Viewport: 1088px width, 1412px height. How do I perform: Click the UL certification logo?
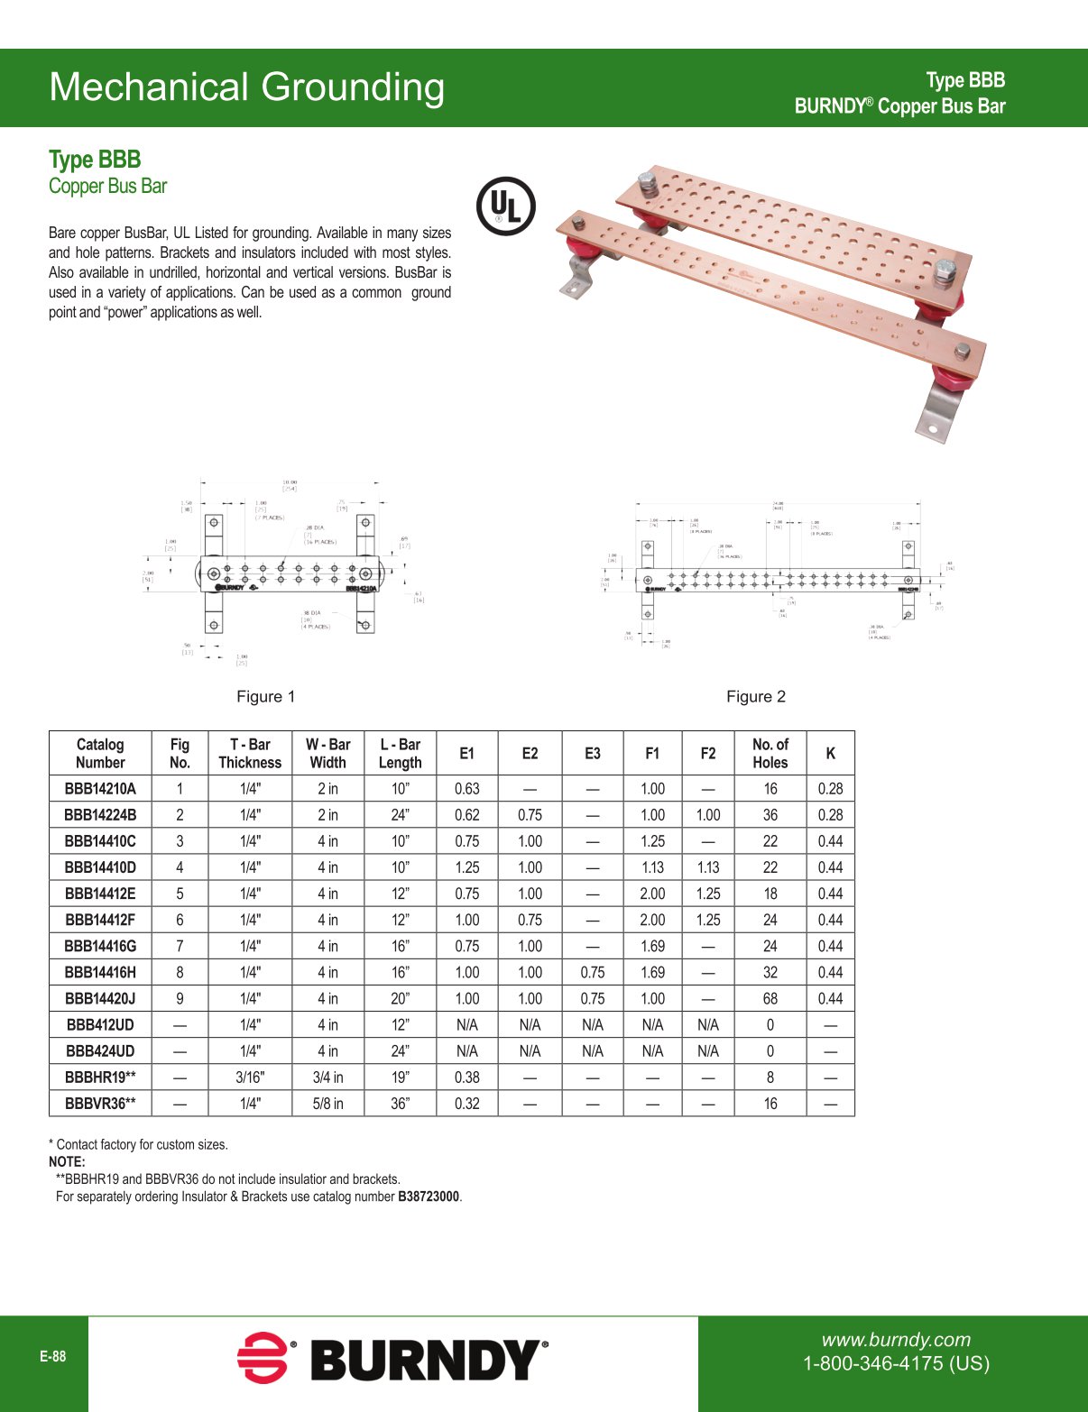click(505, 206)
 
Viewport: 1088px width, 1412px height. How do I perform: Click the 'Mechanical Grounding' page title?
click(246, 87)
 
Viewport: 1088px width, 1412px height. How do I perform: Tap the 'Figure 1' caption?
click(265, 696)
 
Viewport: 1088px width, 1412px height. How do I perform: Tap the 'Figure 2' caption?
click(755, 696)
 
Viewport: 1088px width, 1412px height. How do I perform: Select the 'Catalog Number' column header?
click(100, 753)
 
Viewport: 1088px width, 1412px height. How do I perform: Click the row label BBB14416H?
click(100, 972)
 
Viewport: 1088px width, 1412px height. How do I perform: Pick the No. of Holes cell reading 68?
click(770, 998)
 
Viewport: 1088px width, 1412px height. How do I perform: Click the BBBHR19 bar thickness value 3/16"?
click(250, 1077)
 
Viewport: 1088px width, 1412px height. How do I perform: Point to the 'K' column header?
click(830, 753)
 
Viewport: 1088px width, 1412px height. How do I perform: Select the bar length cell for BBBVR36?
click(400, 1103)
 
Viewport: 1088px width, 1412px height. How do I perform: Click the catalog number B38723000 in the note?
click(429, 1197)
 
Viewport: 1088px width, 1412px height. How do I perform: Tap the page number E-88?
click(52, 1356)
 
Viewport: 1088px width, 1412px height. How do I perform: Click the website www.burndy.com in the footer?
click(896, 1340)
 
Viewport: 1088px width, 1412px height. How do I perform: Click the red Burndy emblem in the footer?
click(262, 1357)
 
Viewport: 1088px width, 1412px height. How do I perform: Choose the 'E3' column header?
click(592, 753)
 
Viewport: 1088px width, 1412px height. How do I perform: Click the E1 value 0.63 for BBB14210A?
click(466, 788)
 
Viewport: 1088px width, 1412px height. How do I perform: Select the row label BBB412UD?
click(100, 1024)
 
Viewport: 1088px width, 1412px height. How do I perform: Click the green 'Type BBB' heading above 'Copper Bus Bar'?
click(95, 160)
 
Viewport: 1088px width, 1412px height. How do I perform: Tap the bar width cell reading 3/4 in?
click(327, 1077)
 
